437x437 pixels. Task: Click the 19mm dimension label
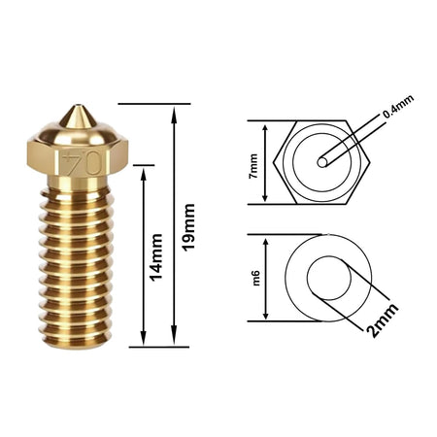tap(188, 227)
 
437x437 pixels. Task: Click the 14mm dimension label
tap(155, 257)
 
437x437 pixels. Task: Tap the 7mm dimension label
tap(252, 166)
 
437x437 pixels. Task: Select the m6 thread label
tap(256, 278)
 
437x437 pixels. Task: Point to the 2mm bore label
tap(383, 320)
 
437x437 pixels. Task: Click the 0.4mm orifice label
tap(398, 107)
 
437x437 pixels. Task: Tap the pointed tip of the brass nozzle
tap(78, 106)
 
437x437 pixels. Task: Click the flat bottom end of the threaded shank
tap(77, 347)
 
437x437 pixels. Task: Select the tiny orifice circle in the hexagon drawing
tap(322, 162)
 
